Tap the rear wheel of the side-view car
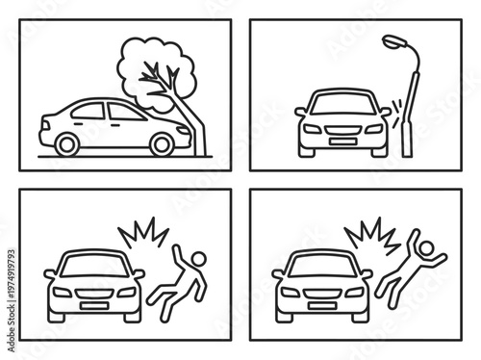coord(67,143)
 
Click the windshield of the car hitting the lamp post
coord(341,101)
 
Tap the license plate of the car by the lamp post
coord(342,141)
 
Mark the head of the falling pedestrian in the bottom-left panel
coord(196,258)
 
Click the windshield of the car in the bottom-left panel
coord(93,262)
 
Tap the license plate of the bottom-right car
coord(320,305)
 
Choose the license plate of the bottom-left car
coord(93,305)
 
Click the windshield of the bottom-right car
coord(320,262)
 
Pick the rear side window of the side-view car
coord(89,111)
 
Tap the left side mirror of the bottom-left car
coord(50,273)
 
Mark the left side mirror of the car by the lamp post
coord(299,112)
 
